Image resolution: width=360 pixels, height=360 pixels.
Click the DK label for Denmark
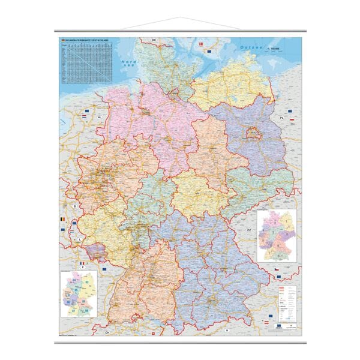[x=154, y=40]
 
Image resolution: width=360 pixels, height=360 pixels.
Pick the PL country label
[x=280, y=119]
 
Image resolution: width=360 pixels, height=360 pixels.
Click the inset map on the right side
[x=276, y=235]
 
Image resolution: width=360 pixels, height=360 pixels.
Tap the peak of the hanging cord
[x=180, y=19]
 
